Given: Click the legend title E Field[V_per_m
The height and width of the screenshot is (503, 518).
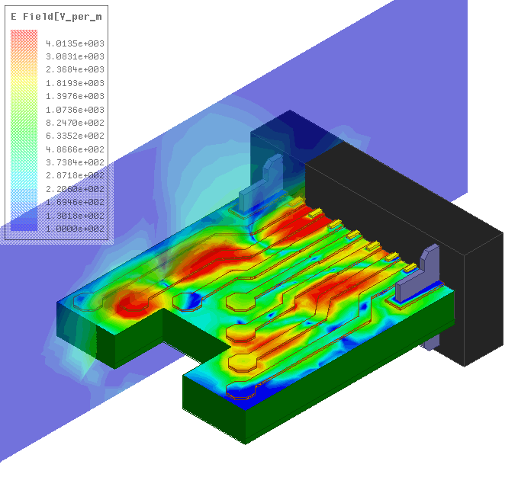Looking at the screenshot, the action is [x=56, y=17].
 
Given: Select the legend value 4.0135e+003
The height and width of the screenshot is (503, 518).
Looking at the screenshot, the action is [x=75, y=43].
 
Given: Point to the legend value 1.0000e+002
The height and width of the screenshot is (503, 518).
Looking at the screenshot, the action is [x=75, y=229].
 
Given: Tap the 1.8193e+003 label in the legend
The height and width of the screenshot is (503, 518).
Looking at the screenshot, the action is [x=75, y=83].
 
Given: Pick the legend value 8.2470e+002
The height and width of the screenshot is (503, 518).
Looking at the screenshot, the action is [x=75, y=123].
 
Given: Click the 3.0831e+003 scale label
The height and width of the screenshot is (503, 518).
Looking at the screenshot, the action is [x=75, y=56].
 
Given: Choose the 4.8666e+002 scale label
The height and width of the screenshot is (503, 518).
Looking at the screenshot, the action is [x=75, y=149].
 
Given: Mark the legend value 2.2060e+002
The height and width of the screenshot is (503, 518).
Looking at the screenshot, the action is [x=75, y=189].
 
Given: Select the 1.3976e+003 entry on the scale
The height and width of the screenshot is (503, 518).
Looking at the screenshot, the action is [x=75, y=96].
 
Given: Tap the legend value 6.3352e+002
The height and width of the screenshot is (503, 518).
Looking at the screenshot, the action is [x=75, y=136].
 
